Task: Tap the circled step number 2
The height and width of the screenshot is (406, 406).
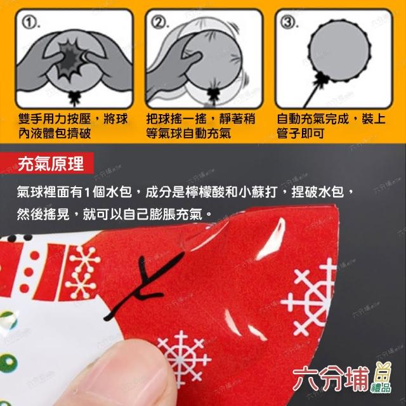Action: click(x=158, y=22)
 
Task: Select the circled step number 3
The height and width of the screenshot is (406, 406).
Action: click(x=288, y=22)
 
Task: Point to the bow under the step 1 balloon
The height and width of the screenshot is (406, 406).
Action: click(x=75, y=97)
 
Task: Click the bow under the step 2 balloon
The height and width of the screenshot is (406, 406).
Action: click(x=214, y=95)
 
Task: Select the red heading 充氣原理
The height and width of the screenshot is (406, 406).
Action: click(x=51, y=164)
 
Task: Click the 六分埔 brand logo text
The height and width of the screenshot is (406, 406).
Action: click(x=331, y=379)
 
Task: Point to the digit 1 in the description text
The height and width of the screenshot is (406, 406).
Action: click(x=87, y=192)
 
